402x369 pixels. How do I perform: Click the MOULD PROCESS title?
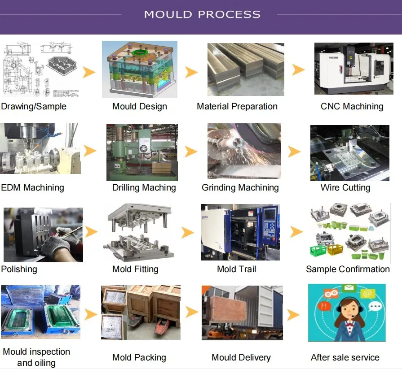pyautogui.click(x=202, y=14)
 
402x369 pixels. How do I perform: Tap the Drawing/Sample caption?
pyautogui.click(x=34, y=107)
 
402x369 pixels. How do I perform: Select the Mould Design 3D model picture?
pyautogui.click(x=140, y=69)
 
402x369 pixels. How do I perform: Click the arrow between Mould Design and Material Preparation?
pyautogui.click(x=192, y=72)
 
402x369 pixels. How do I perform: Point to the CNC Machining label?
pyautogui.click(x=352, y=107)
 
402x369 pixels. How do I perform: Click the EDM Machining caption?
pyautogui.click(x=33, y=187)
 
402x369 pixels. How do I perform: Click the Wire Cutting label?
pyautogui.click(x=345, y=187)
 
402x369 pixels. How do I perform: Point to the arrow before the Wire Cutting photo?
pyautogui.click(x=294, y=151)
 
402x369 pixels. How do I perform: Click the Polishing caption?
pyautogui.click(x=19, y=269)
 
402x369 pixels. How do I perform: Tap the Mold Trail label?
pyautogui.click(x=236, y=269)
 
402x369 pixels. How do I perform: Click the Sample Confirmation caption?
pyautogui.click(x=348, y=269)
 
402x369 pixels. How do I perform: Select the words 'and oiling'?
pyautogui.click(x=36, y=363)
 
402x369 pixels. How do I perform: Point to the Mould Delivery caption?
pyautogui.click(x=241, y=357)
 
